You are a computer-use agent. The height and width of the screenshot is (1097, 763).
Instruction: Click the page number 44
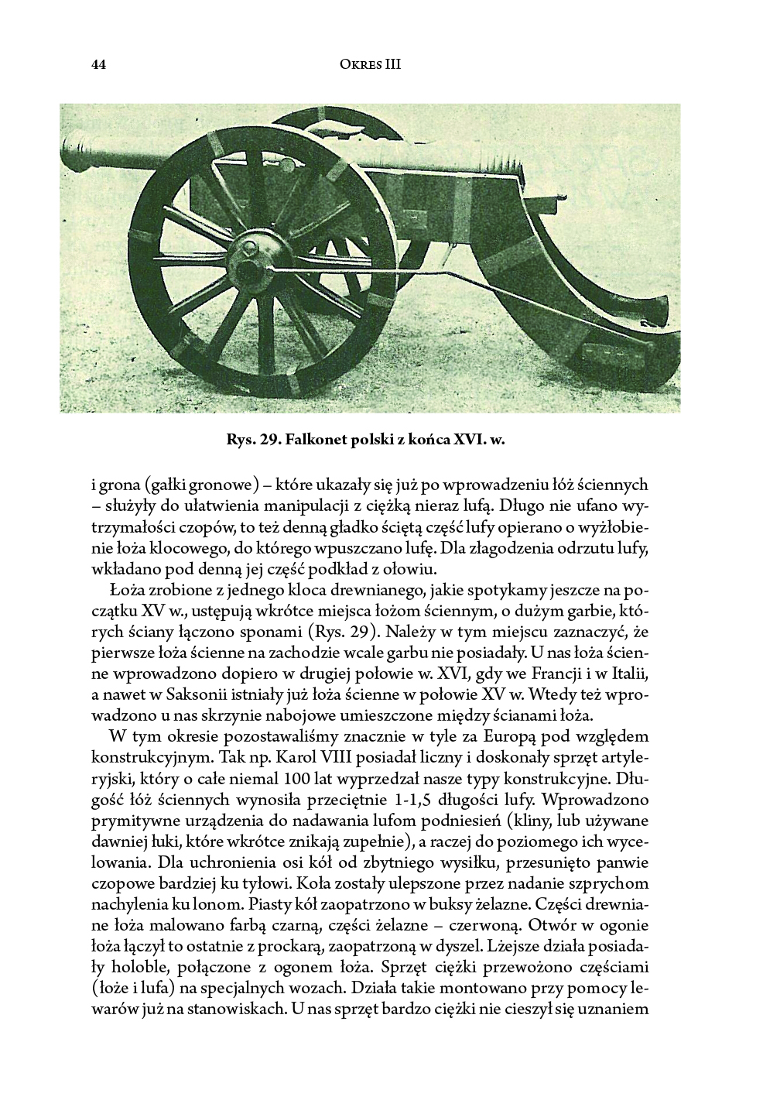coord(98,65)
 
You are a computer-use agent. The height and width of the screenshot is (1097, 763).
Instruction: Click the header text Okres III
coord(370,65)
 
